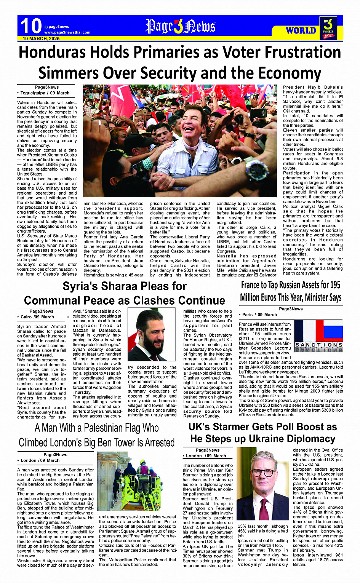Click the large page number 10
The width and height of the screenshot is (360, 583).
[x=30, y=26]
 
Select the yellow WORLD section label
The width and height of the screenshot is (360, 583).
[x=301, y=30]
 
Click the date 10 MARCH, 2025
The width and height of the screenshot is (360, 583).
[x=41, y=39]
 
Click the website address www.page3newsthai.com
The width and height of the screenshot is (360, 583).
[x=67, y=32]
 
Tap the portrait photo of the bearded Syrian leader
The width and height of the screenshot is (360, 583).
[x=152, y=335]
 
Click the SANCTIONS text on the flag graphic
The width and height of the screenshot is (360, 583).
[x=319, y=345]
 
